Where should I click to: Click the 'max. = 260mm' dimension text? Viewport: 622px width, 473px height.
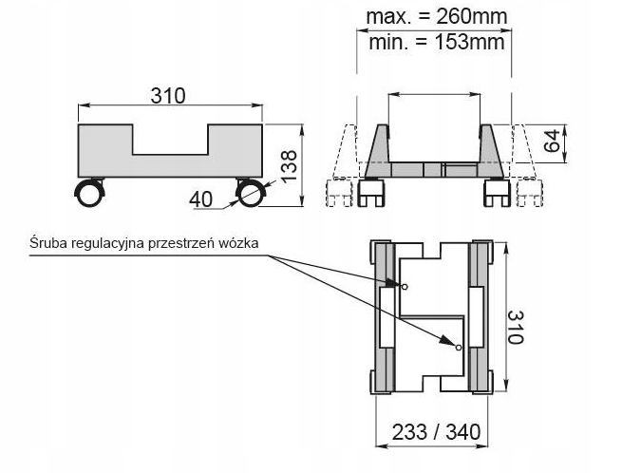436,16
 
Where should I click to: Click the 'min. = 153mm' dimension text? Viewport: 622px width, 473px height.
436,42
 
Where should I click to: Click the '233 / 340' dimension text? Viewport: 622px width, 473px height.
436,431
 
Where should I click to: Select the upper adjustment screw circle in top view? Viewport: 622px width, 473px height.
405,286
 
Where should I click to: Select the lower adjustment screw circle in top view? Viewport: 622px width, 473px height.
459,347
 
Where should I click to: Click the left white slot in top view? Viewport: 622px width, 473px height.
386,318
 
